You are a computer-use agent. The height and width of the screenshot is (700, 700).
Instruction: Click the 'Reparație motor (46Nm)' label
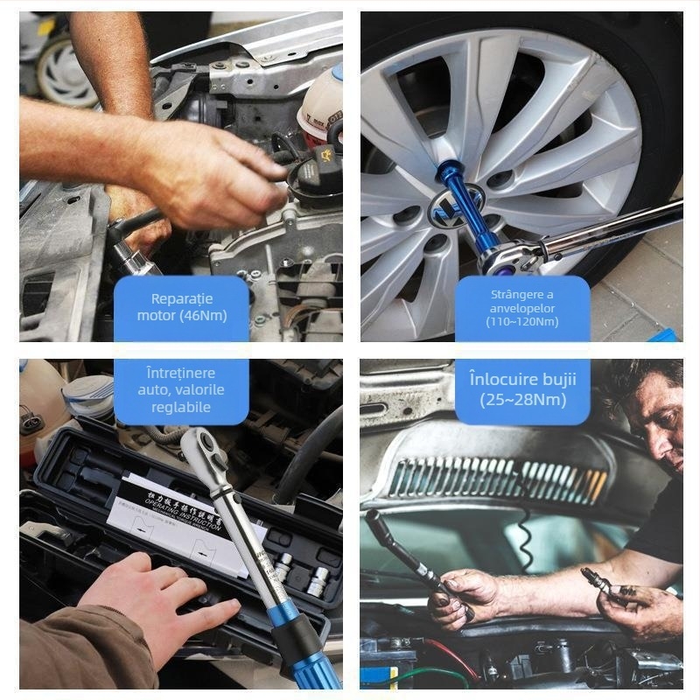181,306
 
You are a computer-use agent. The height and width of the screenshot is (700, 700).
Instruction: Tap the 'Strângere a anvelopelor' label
521,308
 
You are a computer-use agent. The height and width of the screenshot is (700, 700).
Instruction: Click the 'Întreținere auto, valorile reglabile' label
181,390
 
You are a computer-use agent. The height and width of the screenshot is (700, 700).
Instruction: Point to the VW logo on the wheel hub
443,211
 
